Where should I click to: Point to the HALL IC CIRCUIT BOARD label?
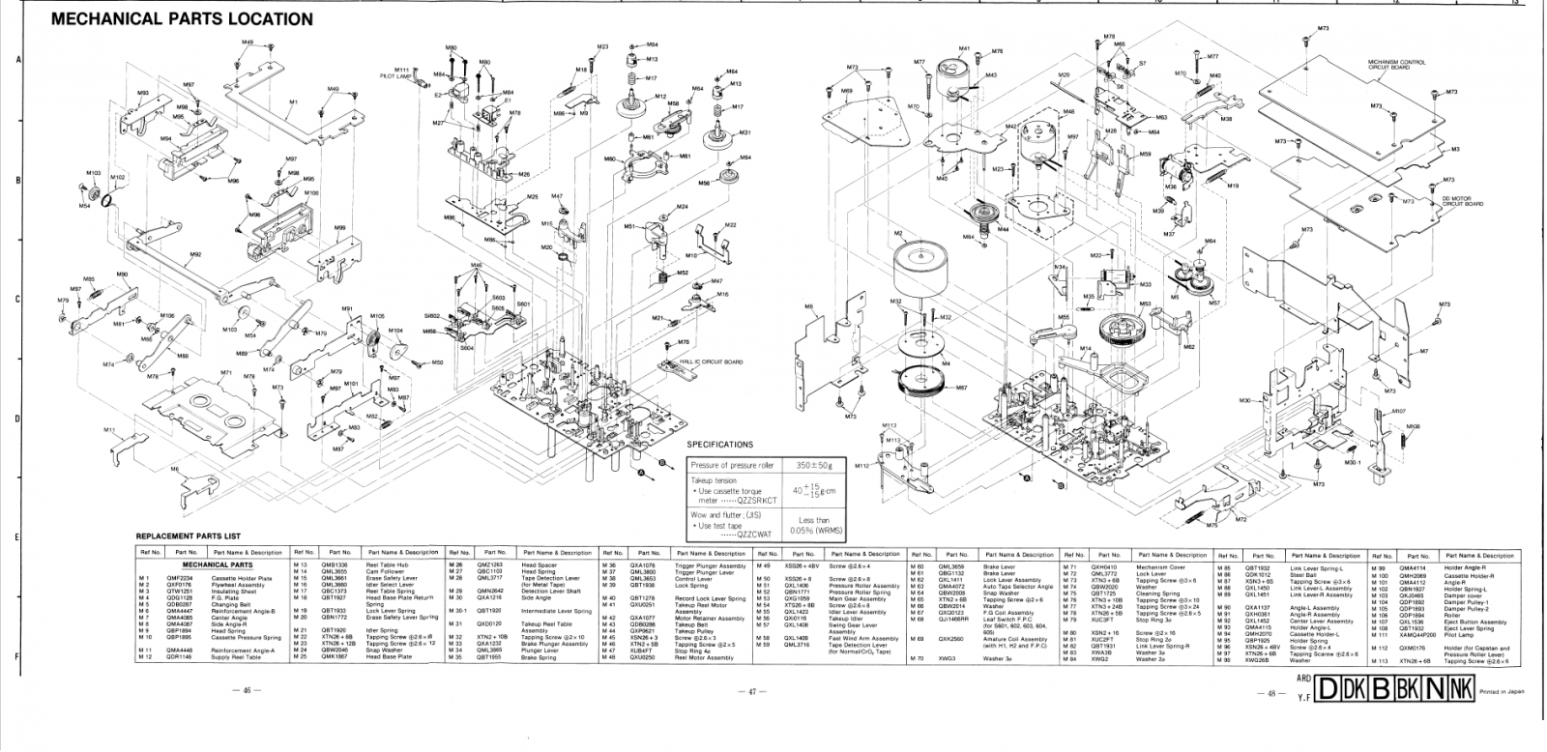click(x=718, y=362)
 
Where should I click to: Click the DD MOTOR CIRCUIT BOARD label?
click(x=1462, y=202)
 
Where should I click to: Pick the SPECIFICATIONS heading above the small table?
click(x=720, y=445)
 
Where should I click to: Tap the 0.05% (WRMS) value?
click(x=814, y=531)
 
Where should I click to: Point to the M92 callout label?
click(x=195, y=254)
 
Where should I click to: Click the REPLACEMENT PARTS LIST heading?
click(x=188, y=536)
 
